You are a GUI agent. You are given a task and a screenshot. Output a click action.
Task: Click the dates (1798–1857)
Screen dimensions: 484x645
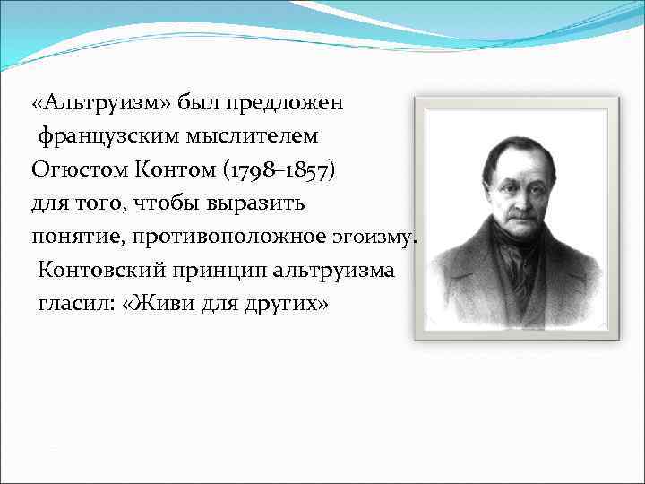[281, 169]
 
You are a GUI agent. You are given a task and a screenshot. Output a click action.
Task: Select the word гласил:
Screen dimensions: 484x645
[74, 304]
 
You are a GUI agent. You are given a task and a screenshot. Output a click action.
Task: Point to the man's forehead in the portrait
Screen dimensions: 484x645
[519, 160]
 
